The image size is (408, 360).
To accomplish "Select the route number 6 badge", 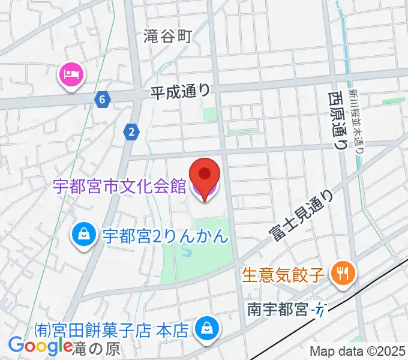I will pos(103,99).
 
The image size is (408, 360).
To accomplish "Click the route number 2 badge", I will pos(131,132).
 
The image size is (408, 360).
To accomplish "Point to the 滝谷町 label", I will pos(167,37).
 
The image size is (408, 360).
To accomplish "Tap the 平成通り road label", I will pos(180,91).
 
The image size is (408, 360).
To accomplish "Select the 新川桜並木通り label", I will pos(358,118).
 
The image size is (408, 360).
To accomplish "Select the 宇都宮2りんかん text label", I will pos(165,235).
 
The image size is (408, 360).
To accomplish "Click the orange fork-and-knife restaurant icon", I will pos(343,275).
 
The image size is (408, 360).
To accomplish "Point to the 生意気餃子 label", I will pos(284,275).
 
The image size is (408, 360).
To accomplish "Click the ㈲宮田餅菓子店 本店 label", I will pos(112,329).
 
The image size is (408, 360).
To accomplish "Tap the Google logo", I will pos(40,346).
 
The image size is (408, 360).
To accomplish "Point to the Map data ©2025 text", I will pos(358,352).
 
